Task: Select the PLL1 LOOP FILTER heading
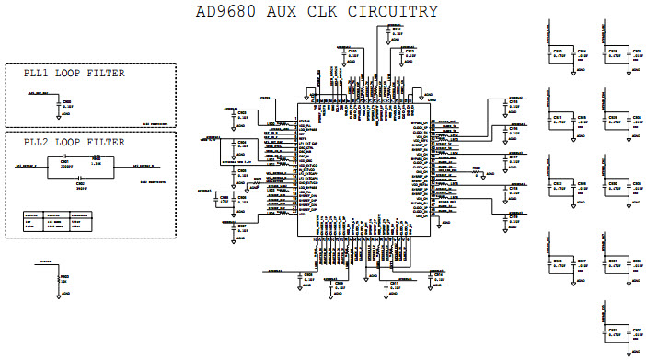pos(67,73)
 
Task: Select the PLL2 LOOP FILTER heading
pos(67,142)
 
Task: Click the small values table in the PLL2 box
pos(54,222)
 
